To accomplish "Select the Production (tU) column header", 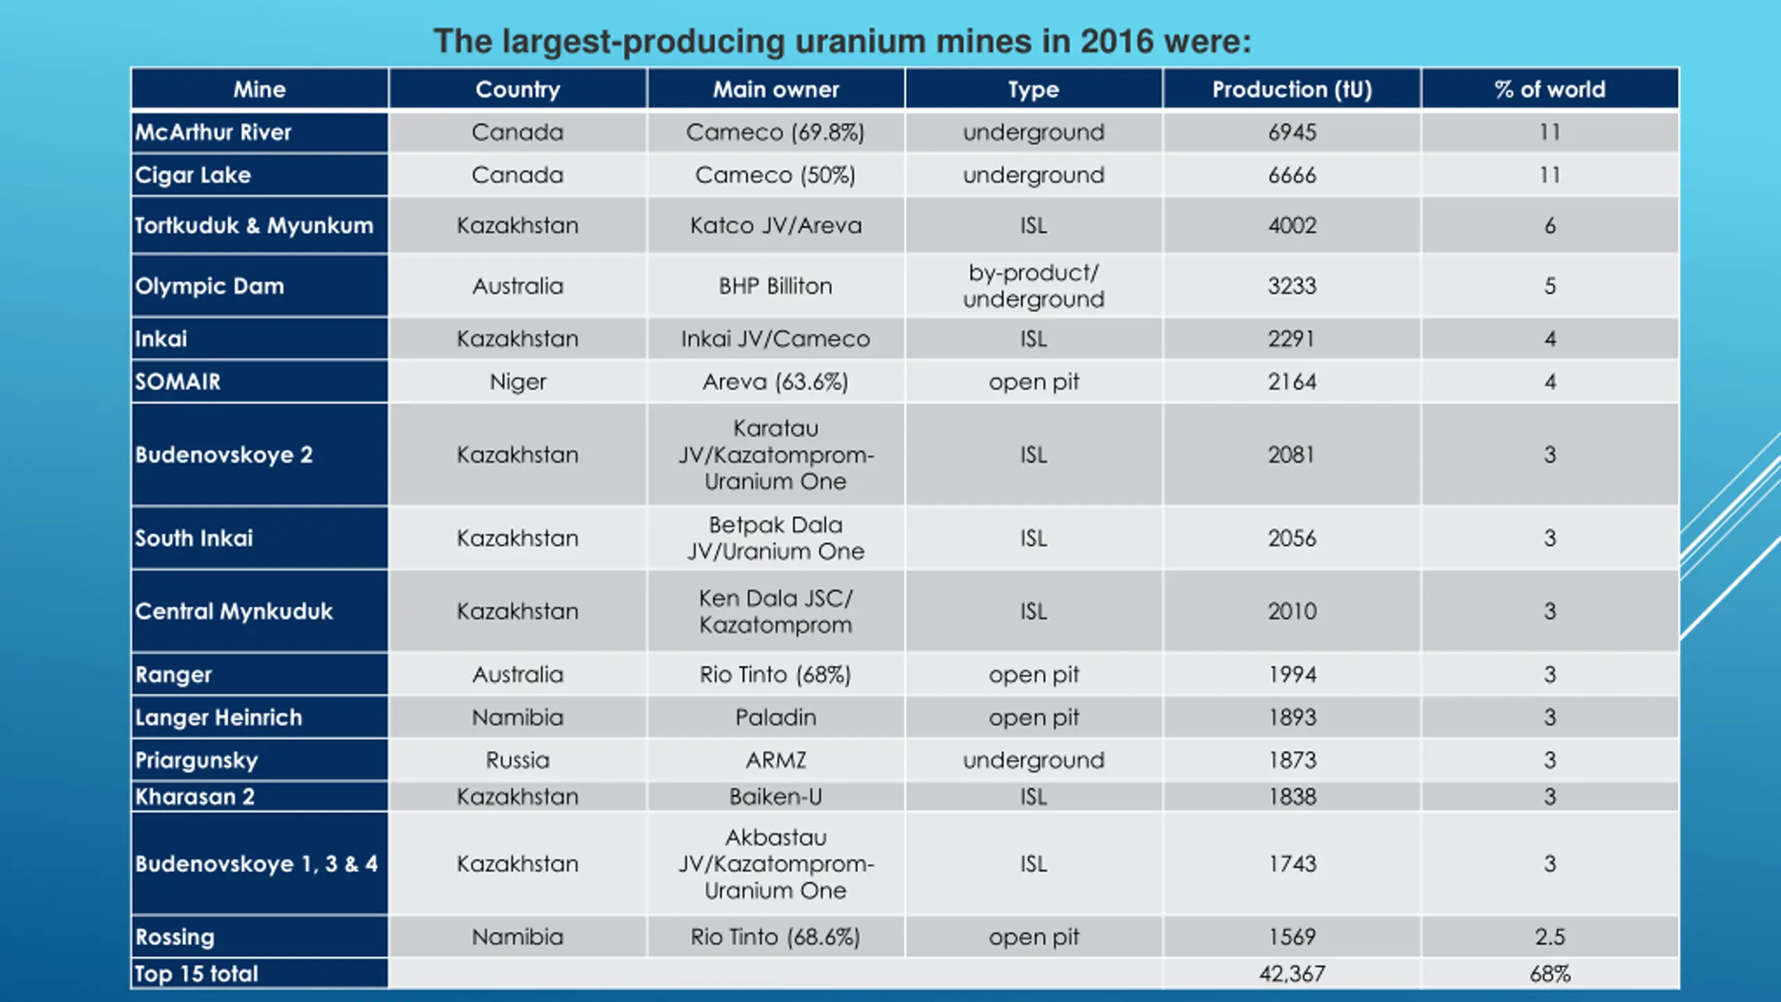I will (x=1292, y=90).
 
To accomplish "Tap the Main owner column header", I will (x=776, y=90).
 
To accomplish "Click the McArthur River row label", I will (x=213, y=132).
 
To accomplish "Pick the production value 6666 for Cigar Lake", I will (x=1292, y=175).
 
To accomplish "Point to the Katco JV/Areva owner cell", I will (x=776, y=225).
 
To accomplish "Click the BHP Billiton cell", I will (x=776, y=286).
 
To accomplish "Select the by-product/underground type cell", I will (x=1034, y=286).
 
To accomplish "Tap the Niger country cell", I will (x=518, y=382).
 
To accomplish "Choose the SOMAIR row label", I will (x=178, y=382).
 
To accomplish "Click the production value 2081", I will (x=1292, y=455).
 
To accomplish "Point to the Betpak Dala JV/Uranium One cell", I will (x=776, y=538).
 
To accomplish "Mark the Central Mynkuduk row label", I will (x=234, y=612).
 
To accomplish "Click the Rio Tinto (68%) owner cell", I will (x=776, y=675).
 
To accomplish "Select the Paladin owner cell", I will (x=776, y=717).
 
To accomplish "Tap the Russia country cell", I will (x=518, y=761).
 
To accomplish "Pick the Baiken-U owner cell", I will (x=776, y=797).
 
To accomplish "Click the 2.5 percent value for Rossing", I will (x=1550, y=937).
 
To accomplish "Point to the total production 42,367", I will (x=1292, y=974).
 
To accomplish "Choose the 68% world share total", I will (x=1550, y=974).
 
